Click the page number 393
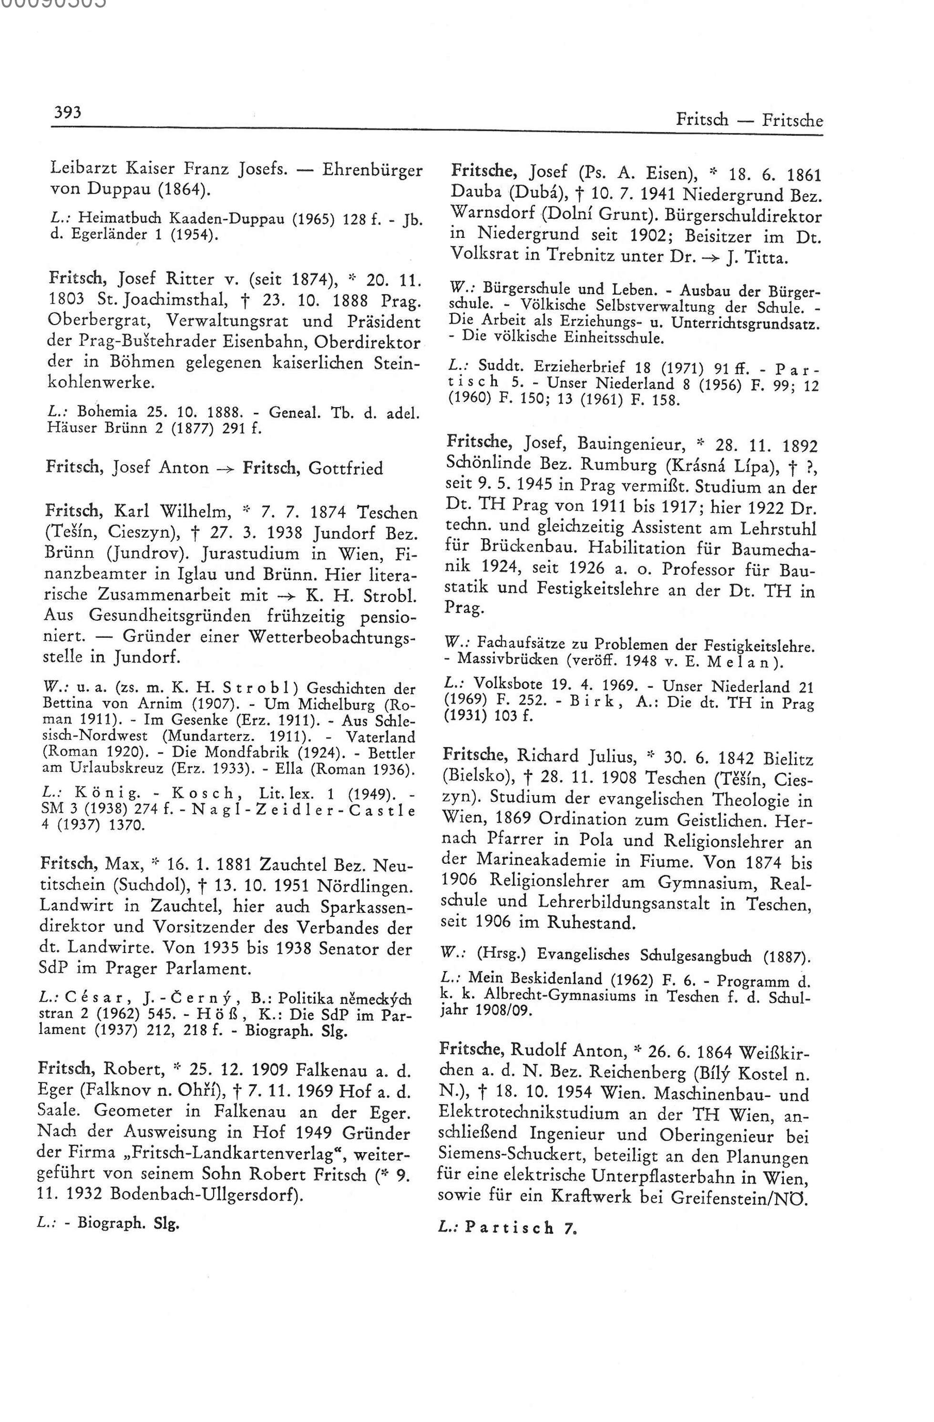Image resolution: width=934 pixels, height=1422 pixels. [67, 113]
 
